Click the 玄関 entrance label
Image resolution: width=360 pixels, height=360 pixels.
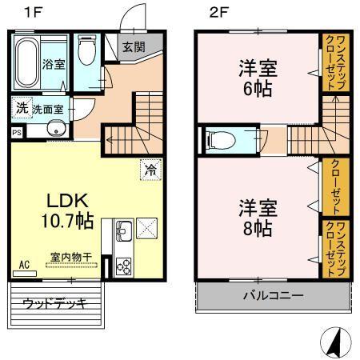133,46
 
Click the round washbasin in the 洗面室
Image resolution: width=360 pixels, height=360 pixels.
54,130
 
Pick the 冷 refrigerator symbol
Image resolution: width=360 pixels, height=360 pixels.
150,169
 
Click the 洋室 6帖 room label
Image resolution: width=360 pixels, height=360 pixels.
255,77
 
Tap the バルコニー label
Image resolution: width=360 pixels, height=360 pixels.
273,296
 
